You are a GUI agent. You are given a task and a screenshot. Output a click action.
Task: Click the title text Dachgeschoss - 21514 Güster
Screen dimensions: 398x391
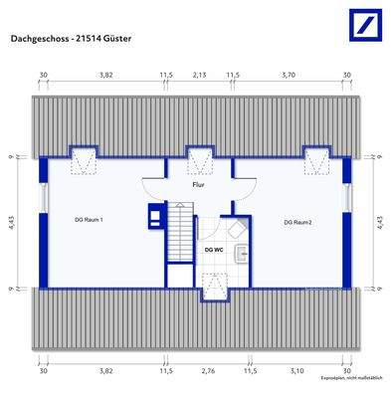coord(72,39)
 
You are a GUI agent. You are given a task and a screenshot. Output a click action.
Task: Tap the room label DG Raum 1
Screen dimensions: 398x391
coord(89,220)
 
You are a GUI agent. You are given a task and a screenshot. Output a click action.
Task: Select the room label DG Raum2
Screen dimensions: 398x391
coord(297,221)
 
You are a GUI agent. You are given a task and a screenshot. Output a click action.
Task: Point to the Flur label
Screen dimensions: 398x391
coord(199,185)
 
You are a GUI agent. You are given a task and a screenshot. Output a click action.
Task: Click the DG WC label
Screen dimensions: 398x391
coord(213,250)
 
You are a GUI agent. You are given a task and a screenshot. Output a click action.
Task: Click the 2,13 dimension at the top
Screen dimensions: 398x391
coord(199,75)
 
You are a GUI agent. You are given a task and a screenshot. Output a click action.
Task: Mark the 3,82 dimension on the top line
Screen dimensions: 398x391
coord(103,75)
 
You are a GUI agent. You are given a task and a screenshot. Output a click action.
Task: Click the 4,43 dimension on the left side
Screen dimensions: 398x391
coord(10,223)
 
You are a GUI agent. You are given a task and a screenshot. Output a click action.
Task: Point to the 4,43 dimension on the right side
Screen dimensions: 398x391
coord(379,223)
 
